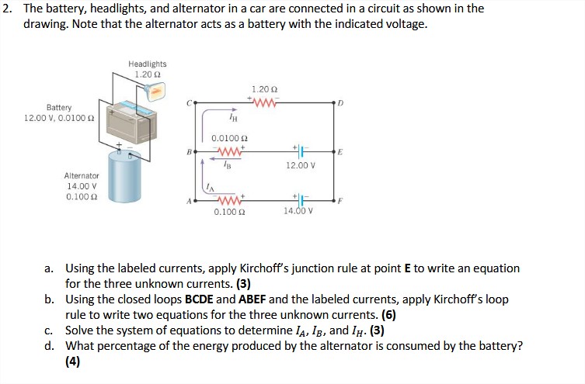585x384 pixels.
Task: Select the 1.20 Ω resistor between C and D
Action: tap(265, 102)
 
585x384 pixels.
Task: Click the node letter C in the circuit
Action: tap(188, 102)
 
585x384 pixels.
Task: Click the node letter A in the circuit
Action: tap(187, 201)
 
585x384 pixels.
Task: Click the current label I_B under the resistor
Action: tap(227, 164)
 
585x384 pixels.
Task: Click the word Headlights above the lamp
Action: tap(147, 64)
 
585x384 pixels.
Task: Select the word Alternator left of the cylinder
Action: tap(81, 176)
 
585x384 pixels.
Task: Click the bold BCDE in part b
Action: tap(204, 299)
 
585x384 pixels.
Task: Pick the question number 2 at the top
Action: tap(7, 9)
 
